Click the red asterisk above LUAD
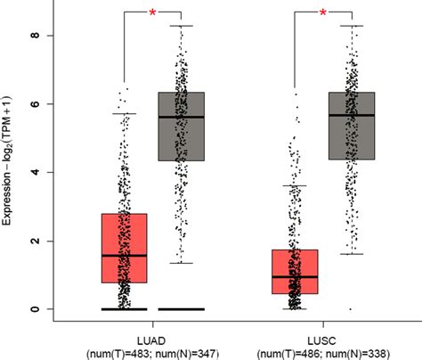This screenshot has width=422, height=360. point(152,12)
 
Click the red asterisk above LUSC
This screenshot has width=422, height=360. point(322,12)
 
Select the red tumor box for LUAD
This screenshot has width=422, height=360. point(125,248)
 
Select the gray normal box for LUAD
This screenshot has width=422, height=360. point(181,126)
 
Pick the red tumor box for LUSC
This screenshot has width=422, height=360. point(295,272)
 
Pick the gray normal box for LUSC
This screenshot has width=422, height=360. point(352,126)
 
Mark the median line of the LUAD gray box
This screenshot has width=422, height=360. point(181,118)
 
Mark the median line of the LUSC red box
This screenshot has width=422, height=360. point(295,277)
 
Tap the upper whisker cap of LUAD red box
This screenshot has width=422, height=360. point(125,114)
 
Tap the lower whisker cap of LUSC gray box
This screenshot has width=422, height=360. point(352,254)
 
